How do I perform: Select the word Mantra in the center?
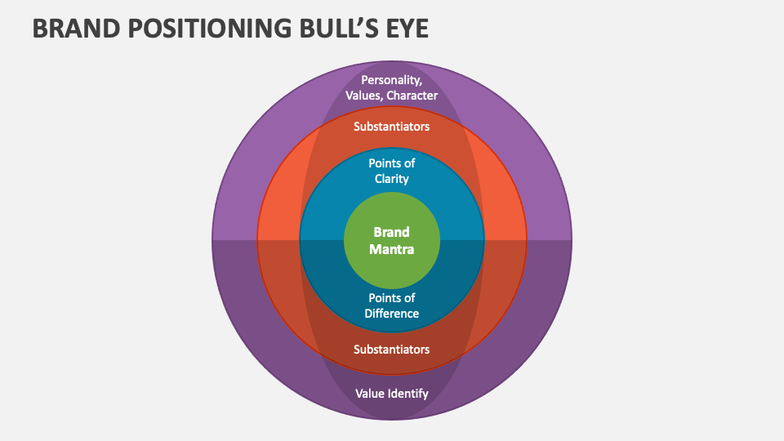(392, 249)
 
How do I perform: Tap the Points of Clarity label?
(392, 171)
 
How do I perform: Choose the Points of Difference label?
(392, 305)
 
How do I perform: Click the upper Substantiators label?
(392, 127)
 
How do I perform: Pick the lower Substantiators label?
(392, 349)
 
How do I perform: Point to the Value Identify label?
(392, 393)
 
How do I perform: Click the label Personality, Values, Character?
(392, 87)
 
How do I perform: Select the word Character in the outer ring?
(412, 96)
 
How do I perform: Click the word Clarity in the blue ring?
(392, 179)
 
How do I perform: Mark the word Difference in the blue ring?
(392, 314)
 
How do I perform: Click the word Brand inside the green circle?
(392, 232)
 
